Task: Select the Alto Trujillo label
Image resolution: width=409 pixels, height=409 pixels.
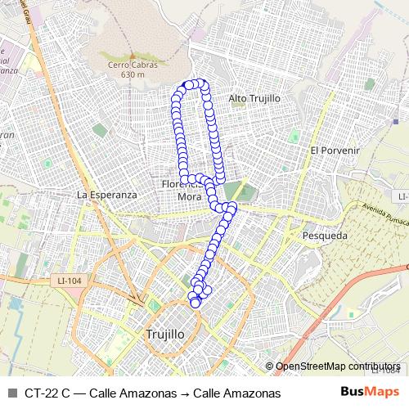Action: coord(254,98)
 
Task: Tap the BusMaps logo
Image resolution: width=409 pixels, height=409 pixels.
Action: coord(371,393)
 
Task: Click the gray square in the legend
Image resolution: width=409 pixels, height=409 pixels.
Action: coord(11,393)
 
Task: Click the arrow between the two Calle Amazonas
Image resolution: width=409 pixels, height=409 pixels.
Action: coord(185,393)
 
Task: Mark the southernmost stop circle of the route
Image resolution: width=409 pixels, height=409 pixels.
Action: coord(195,303)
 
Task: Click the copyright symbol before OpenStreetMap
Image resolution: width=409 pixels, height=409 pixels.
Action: coord(270,366)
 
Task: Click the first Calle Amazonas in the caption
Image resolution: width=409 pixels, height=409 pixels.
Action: coord(133,393)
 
